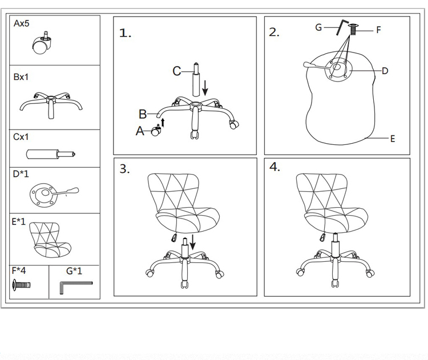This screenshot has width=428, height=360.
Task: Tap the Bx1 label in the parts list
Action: click(x=21, y=77)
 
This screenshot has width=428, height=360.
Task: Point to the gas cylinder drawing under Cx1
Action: click(x=51, y=154)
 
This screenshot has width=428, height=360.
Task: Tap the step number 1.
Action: click(x=125, y=33)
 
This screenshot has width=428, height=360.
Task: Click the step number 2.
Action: click(x=274, y=33)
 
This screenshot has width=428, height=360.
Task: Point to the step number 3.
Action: click(x=125, y=169)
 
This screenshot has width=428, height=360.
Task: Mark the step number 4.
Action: click(x=275, y=167)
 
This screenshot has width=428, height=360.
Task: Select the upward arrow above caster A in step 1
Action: click(x=162, y=122)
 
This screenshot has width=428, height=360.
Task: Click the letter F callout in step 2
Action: click(x=378, y=30)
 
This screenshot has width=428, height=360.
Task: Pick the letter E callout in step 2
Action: click(x=393, y=139)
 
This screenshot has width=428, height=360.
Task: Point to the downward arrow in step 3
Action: click(x=193, y=242)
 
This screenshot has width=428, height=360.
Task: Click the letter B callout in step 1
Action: click(x=143, y=114)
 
